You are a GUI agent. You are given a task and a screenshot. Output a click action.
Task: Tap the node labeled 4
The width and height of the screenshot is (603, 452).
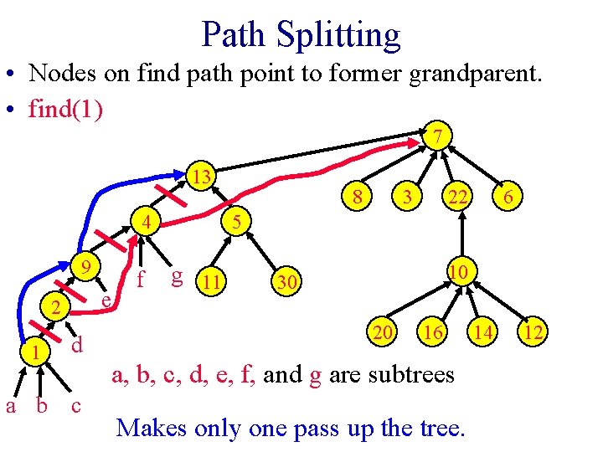click(146, 223)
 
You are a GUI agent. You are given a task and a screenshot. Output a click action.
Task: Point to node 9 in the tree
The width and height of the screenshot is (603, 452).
click(85, 268)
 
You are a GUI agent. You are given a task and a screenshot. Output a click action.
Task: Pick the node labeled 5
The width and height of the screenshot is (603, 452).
click(237, 222)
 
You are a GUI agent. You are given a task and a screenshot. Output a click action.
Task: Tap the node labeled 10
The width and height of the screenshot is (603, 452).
click(457, 273)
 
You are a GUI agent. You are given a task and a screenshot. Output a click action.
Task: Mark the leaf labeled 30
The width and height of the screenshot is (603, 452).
click(286, 284)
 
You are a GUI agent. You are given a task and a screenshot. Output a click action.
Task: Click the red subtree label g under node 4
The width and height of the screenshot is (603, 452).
click(176, 276)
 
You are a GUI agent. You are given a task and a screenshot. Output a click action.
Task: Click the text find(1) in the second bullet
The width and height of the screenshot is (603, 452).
click(66, 109)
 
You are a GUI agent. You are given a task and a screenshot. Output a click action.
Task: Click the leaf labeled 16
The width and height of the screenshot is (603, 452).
click(432, 333)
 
